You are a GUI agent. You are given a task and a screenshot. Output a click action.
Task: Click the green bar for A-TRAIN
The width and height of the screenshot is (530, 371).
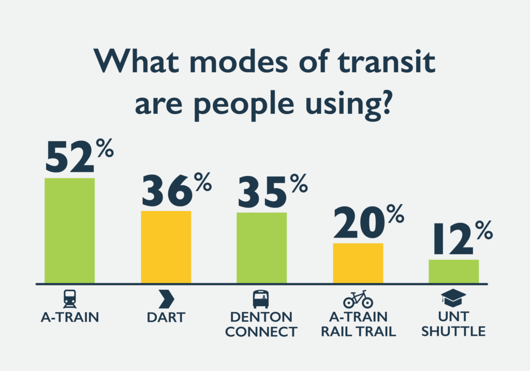70,230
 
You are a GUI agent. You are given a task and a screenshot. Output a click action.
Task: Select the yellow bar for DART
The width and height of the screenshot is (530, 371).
166,247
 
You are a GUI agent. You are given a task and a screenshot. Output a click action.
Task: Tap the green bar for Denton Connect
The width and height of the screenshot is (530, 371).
261,248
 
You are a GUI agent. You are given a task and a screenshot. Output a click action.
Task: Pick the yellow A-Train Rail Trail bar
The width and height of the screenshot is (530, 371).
358,263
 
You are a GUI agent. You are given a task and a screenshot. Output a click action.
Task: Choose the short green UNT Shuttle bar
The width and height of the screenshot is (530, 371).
453,271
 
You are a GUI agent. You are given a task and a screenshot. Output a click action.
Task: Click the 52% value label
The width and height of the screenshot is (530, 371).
80,155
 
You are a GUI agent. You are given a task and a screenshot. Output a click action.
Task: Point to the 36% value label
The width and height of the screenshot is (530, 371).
177,189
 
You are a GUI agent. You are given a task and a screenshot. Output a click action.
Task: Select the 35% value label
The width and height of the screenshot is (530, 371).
273,191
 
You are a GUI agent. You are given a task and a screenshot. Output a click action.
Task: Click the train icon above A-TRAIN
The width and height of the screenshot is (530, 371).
70,299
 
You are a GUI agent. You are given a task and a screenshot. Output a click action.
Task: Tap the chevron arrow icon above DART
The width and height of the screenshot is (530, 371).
166,299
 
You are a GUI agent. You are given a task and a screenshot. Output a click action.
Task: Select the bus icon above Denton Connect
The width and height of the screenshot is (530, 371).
261,299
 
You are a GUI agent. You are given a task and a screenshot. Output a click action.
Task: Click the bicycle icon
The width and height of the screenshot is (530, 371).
358,299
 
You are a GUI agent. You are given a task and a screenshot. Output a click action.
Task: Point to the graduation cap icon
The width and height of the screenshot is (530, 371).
453,298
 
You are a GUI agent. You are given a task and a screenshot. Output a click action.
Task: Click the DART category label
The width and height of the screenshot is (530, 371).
166,318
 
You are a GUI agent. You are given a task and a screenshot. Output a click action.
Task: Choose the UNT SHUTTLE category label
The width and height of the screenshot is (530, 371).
453,324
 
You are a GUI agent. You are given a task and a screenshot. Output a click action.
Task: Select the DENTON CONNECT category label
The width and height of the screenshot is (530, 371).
261,324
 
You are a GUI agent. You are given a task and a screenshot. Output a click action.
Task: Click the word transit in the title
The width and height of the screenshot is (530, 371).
386,62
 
